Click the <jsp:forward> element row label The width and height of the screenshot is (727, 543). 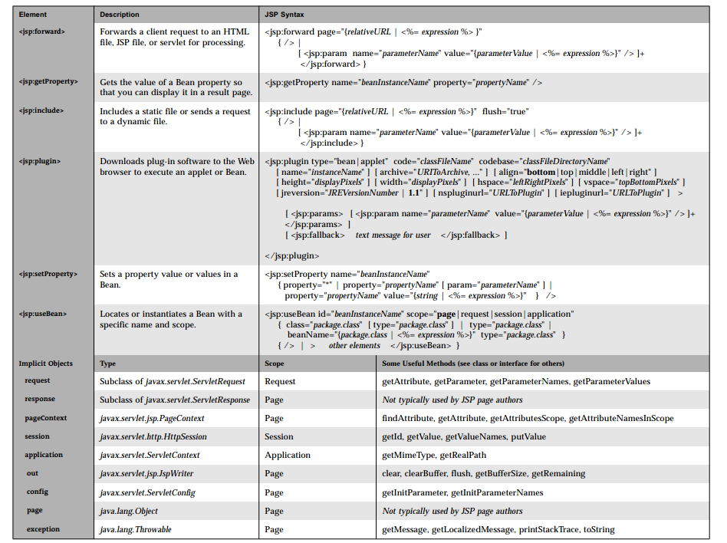41,32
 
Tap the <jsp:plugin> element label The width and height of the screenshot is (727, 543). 40,161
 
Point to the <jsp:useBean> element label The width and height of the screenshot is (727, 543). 43,314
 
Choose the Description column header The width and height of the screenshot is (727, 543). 120,15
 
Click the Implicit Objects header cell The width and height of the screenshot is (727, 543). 46,364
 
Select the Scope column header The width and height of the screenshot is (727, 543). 275,364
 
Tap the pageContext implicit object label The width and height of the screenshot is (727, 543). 45,418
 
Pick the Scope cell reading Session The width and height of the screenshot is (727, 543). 279,436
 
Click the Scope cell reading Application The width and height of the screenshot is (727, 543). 288,455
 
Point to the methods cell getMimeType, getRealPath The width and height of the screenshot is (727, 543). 433,455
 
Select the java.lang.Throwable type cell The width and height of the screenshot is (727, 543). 136,529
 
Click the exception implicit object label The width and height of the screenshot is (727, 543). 43,529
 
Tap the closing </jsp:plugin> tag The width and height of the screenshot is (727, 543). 292,255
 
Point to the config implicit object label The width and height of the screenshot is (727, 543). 38,492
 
